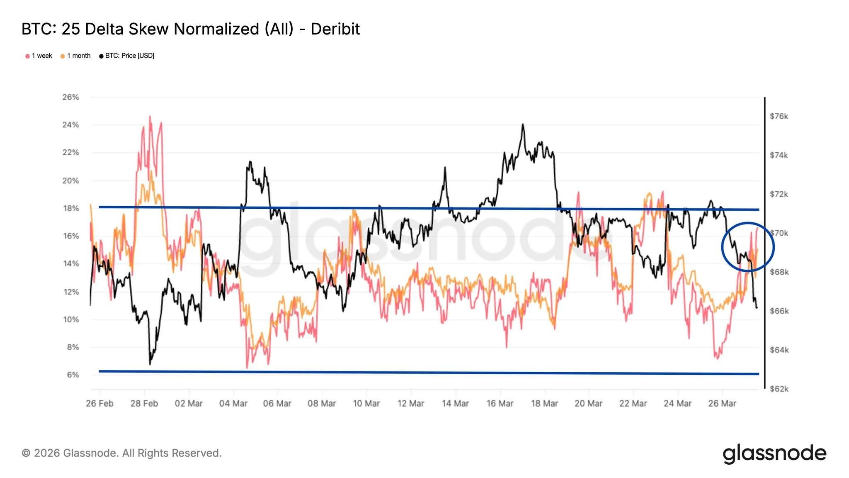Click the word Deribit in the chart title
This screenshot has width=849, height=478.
pyautogui.click(x=335, y=29)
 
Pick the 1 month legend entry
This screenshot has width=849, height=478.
pyautogui.click(x=75, y=56)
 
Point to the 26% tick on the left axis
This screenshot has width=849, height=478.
pyautogui.click(x=70, y=97)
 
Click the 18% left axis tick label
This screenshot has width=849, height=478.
pyautogui.click(x=70, y=208)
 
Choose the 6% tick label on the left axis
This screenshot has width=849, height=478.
pyautogui.click(x=73, y=375)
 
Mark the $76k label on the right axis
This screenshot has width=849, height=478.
pyautogui.click(x=779, y=116)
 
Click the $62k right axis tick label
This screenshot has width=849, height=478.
pyautogui.click(x=779, y=389)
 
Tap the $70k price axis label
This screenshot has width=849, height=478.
pyautogui.click(x=779, y=233)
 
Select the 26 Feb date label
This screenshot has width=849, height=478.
pyautogui.click(x=99, y=403)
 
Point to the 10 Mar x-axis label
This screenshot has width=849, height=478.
pyautogui.click(x=366, y=403)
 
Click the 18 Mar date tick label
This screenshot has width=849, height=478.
pyautogui.click(x=544, y=403)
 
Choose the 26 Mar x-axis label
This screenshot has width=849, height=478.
pyautogui.click(x=722, y=403)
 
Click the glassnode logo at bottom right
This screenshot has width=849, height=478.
pyautogui.click(x=774, y=453)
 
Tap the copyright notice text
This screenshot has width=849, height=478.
pyautogui.click(x=121, y=453)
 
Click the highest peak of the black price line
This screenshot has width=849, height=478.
pyautogui.click(x=523, y=124)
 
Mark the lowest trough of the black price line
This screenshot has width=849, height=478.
pyautogui.click(x=150, y=364)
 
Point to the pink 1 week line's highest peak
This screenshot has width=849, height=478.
pyautogui.click(x=150, y=116)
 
